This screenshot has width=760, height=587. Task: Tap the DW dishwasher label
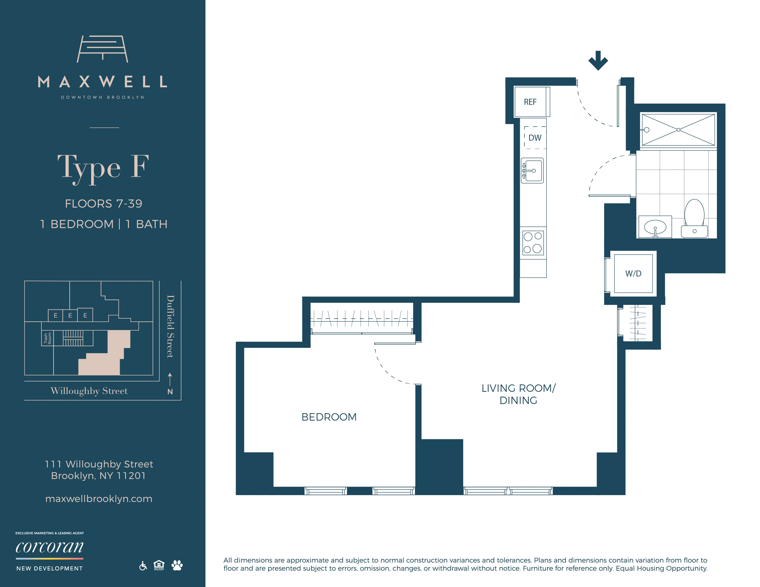point(535,138)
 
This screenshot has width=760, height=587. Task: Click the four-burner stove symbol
point(533,243)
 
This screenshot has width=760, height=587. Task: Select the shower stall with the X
point(678,130)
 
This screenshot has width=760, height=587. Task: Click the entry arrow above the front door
point(598,61)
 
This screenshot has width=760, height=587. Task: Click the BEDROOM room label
point(329,417)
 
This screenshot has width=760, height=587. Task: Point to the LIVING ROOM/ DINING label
point(518,394)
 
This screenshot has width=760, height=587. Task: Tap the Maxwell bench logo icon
point(102,49)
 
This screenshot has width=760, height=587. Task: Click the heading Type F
point(103,167)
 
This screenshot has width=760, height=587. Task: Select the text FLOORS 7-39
point(104,203)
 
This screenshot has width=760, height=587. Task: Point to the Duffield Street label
point(170,326)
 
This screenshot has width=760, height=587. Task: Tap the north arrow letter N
point(170,392)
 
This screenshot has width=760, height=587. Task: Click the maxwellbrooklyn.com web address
point(99,499)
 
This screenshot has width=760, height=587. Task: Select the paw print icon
point(177,565)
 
